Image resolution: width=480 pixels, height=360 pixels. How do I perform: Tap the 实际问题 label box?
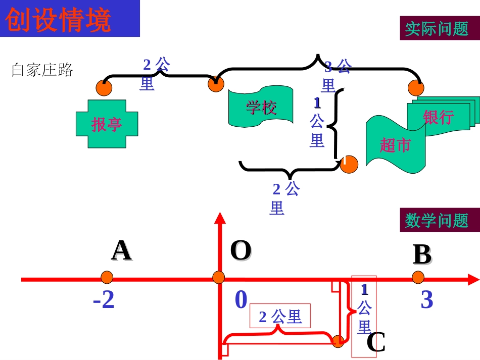(x=437, y=28)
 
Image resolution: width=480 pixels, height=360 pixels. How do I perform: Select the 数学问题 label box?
(x=437, y=220)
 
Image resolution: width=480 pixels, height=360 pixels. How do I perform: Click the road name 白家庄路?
(x=42, y=70)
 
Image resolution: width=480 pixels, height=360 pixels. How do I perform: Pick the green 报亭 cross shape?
(x=107, y=124)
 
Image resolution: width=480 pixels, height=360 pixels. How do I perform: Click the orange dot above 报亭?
(x=104, y=87)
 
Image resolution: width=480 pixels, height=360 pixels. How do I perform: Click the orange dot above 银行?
(x=416, y=88)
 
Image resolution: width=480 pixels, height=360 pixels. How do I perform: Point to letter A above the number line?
(x=121, y=250)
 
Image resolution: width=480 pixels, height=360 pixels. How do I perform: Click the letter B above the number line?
(x=422, y=255)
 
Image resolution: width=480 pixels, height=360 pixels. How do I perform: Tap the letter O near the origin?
(x=241, y=250)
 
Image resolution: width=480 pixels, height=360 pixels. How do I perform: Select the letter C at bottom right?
(x=376, y=343)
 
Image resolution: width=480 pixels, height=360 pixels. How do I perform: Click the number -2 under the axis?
(x=104, y=301)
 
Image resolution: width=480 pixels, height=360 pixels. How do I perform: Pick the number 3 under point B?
(x=427, y=300)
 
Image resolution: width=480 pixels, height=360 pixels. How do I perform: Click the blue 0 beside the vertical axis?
(x=241, y=300)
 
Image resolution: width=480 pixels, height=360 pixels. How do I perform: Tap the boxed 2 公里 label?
(x=280, y=317)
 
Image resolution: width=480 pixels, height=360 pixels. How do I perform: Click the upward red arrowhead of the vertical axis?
(x=219, y=218)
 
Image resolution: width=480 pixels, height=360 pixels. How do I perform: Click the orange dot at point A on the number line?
(x=107, y=278)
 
